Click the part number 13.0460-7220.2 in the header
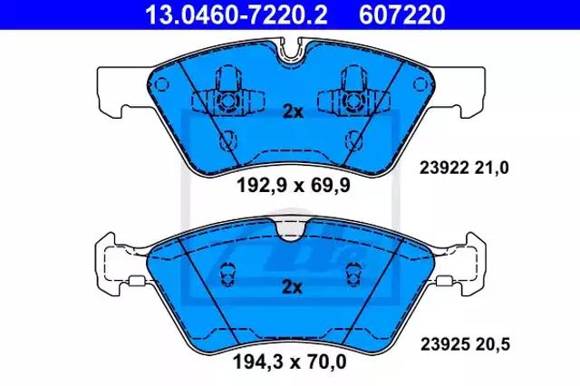[236, 14]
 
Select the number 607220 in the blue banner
[402, 14]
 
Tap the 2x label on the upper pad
[293, 111]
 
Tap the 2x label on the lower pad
[292, 287]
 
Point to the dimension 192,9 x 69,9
[294, 185]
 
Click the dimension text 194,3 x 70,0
[290, 362]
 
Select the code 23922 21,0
[464, 169]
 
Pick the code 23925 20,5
[465, 344]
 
